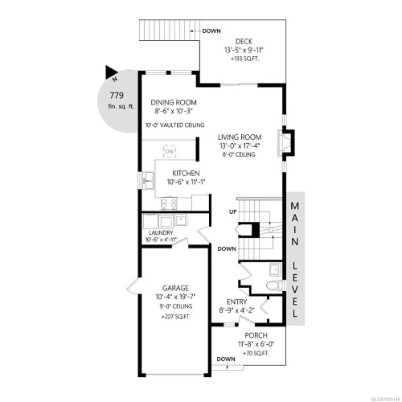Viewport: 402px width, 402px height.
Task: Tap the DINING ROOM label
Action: [174, 102]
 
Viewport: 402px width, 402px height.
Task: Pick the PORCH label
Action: [256, 335]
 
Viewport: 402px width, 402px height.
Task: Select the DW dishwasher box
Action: [170, 151]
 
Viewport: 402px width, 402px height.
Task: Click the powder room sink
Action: [274, 269]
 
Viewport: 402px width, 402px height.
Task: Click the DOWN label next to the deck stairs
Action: [212, 31]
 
